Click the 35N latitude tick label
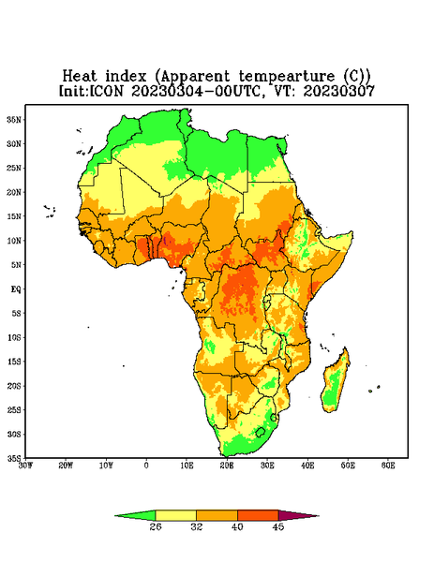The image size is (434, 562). (x=14, y=120)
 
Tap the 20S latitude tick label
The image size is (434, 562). (x=14, y=386)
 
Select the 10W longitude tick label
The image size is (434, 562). (x=106, y=466)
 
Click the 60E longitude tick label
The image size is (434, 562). (x=388, y=466)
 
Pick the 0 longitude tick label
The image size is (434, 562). (x=146, y=466)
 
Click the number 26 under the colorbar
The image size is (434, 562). (x=156, y=527)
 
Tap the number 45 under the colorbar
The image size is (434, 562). (x=278, y=527)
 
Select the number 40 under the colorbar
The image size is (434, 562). (x=237, y=527)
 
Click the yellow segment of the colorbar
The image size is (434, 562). (x=175, y=515)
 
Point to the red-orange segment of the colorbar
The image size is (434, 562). (x=258, y=515)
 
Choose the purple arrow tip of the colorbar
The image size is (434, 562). (x=298, y=516)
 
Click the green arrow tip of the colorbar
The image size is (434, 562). (x=135, y=516)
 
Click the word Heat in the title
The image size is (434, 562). (x=80, y=77)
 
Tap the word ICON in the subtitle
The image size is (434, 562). (x=106, y=91)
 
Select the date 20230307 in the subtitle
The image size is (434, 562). (x=339, y=91)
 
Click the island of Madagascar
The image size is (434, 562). (x=336, y=382)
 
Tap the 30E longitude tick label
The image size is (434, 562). (x=267, y=466)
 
